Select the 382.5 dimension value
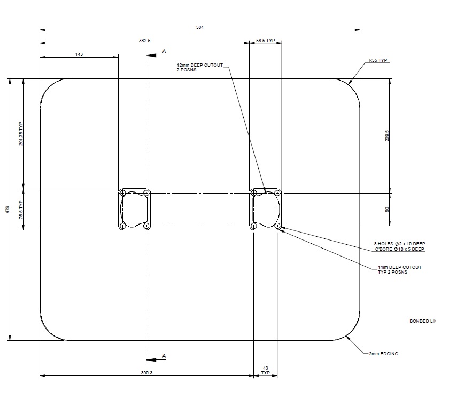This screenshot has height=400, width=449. coord(144,41)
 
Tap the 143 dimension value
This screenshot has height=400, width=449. coord(79,54)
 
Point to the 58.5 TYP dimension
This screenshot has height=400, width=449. coord(266,41)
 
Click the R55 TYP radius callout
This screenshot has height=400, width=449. coord(377,61)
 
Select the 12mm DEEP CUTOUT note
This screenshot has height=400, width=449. coord(200,67)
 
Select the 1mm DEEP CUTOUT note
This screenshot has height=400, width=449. coord(399,269)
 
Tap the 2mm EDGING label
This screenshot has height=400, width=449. coord(383,354)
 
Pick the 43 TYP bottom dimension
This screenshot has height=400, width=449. coord(266,371)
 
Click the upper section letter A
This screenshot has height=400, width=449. coord(164,51)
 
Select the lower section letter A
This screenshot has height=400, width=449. coord(164,356)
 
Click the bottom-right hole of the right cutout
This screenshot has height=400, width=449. coord(278,226)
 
